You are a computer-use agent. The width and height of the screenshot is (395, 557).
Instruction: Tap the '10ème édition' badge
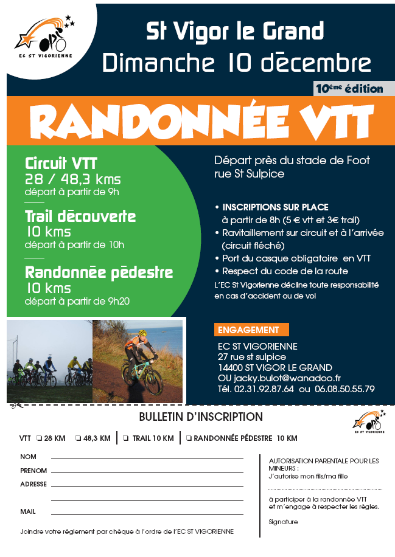(349, 89)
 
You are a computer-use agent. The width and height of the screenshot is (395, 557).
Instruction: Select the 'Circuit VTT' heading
(61, 164)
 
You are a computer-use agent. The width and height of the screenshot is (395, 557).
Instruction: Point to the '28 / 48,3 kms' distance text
(72, 179)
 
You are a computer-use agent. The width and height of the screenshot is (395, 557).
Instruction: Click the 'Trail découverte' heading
(80, 216)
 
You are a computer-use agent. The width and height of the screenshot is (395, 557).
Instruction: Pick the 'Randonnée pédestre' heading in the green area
(99, 272)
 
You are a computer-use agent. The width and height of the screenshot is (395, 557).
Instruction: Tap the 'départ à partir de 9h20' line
(77, 300)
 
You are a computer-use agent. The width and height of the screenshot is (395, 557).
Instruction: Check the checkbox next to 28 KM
(39, 438)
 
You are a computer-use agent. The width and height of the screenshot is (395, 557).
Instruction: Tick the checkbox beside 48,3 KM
(79, 438)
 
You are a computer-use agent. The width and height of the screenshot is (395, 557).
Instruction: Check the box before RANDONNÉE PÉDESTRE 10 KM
(189, 438)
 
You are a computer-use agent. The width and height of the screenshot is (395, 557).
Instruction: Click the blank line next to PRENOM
(147, 471)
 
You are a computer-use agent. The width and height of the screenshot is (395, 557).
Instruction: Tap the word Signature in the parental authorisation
(283, 522)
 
